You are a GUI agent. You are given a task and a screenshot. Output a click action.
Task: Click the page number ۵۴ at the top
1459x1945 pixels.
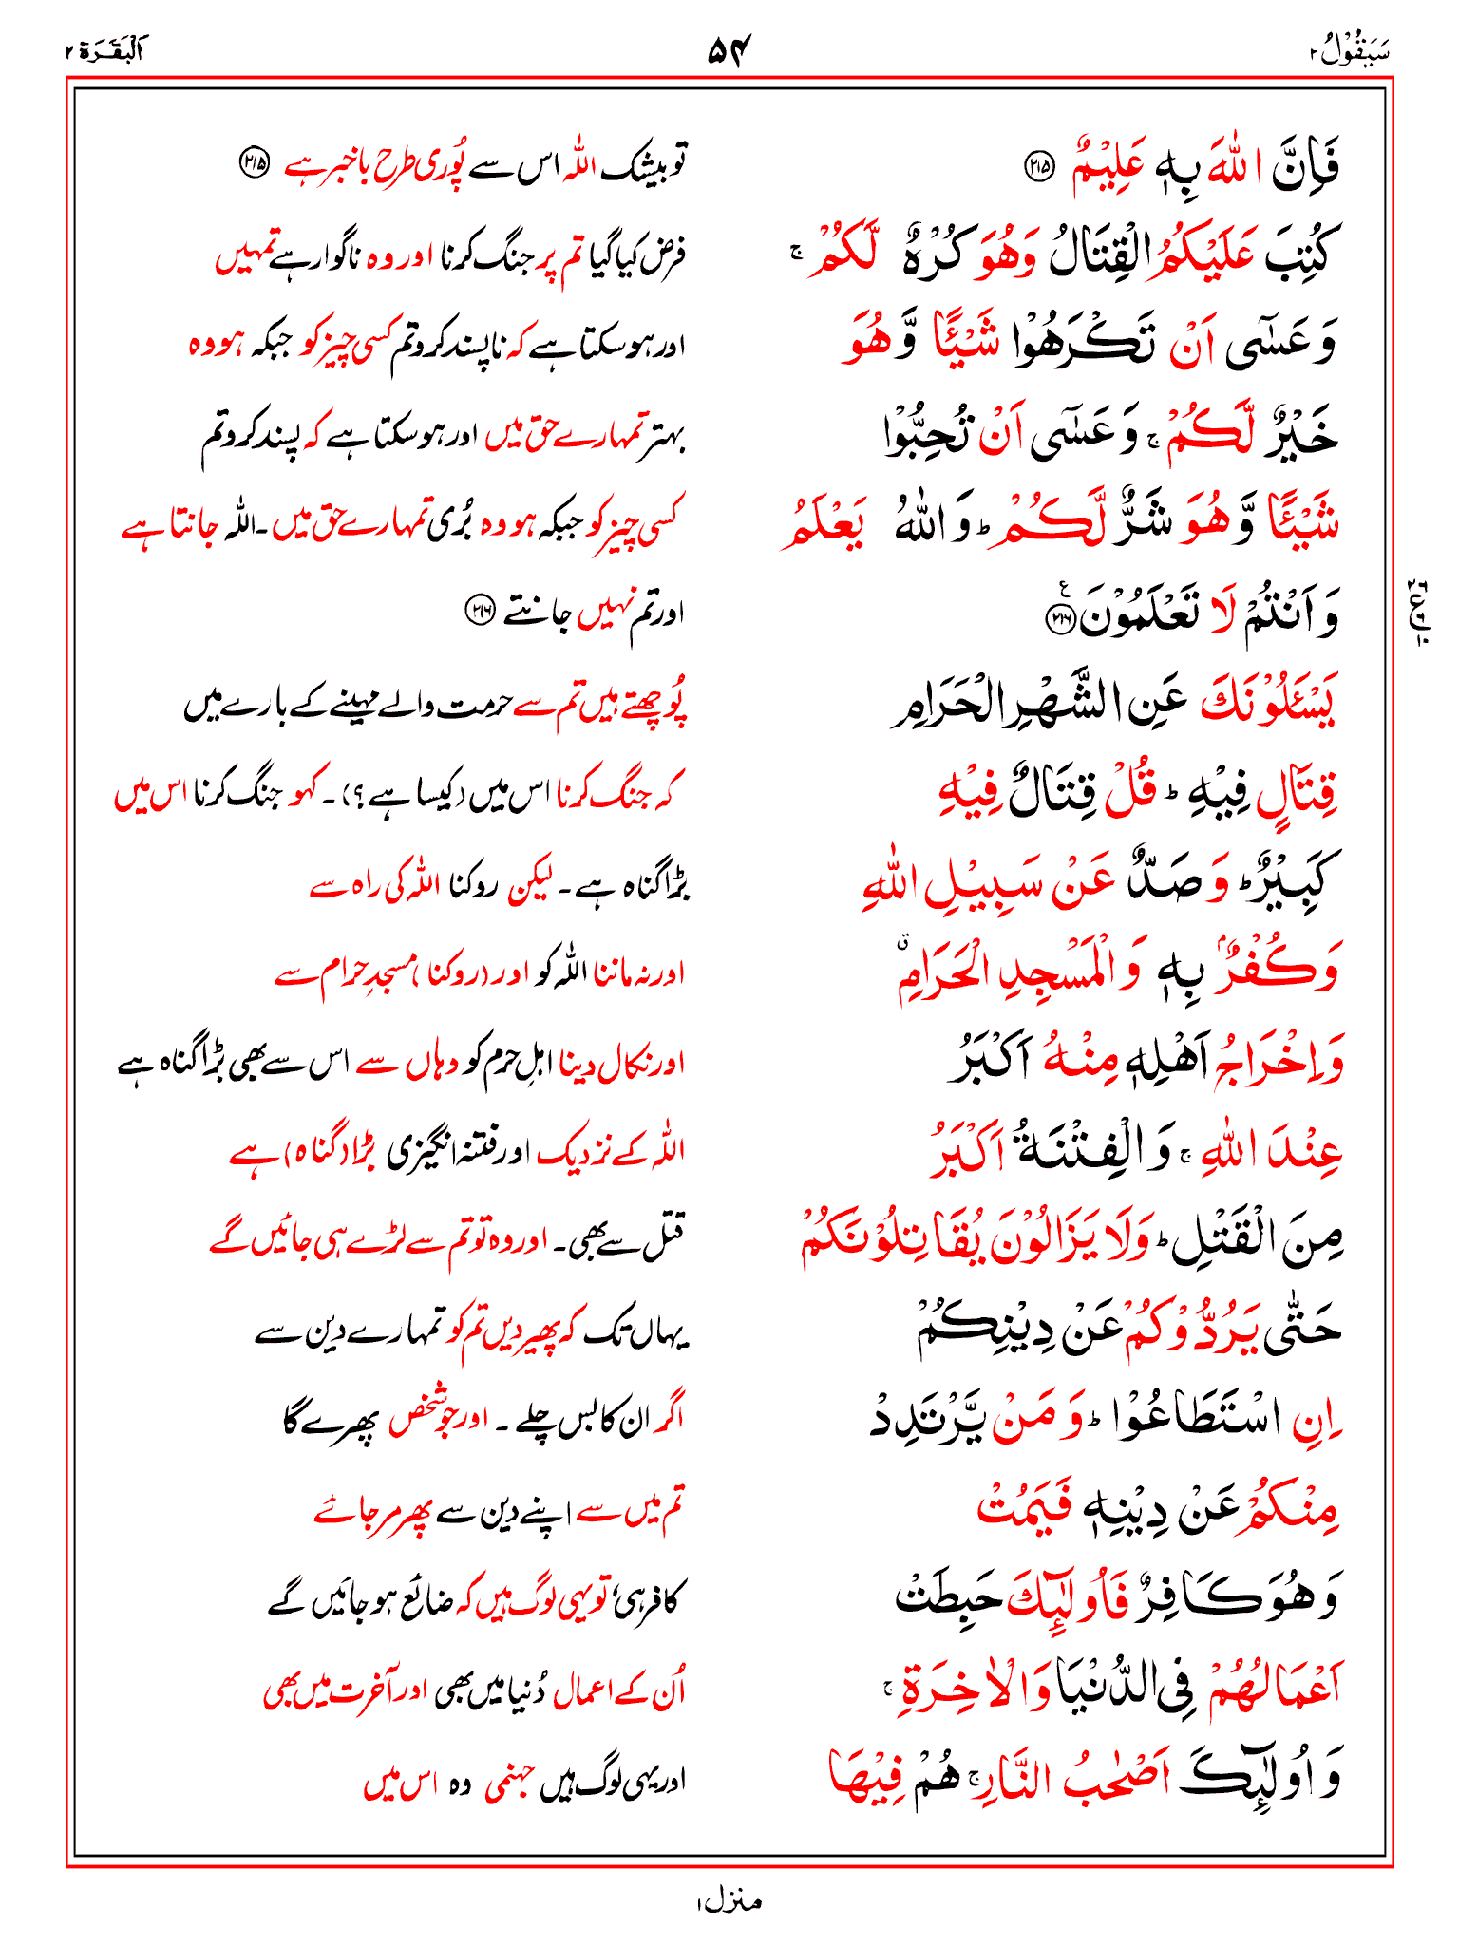coord(729,50)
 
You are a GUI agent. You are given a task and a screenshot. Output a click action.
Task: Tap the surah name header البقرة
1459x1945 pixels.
coord(104,50)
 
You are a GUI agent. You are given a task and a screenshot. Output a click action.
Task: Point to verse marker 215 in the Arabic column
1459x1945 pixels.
coord(1038,168)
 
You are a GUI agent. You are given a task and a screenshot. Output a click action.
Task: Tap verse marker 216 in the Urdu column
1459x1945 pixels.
coord(478,611)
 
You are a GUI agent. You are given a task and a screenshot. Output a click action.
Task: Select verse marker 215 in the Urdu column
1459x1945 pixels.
coord(252,161)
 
